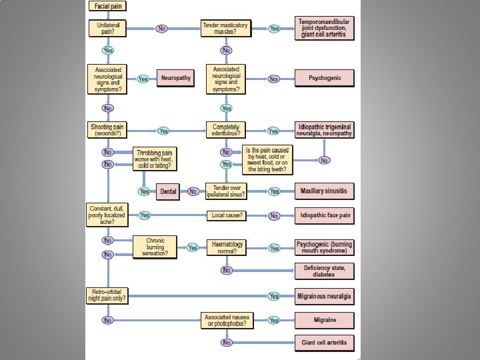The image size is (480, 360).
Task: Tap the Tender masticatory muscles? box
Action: tap(226, 29)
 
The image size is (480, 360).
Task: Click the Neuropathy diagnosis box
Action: tap(175, 78)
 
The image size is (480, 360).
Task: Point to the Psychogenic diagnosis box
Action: tap(325, 78)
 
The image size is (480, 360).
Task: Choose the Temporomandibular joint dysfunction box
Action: tap(325, 29)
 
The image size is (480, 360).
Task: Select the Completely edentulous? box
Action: tap(226, 130)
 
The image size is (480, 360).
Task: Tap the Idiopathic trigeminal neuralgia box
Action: tap(325, 130)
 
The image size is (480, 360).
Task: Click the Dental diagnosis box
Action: tap(168, 191)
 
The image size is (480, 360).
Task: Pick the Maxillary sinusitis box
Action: tap(325, 191)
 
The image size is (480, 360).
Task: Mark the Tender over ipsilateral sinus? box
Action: tap(226, 191)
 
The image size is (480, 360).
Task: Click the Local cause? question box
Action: tap(226, 215)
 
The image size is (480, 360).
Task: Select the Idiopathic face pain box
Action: tap(325, 215)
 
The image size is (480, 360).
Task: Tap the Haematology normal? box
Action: tap(226, 247)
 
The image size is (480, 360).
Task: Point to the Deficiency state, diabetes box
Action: tap(325, 270)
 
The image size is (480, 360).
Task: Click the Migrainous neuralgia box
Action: tap(325, 295)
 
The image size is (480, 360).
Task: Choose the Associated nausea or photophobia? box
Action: tap(226, 320)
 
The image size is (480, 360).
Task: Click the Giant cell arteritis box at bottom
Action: tap(325, 343)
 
